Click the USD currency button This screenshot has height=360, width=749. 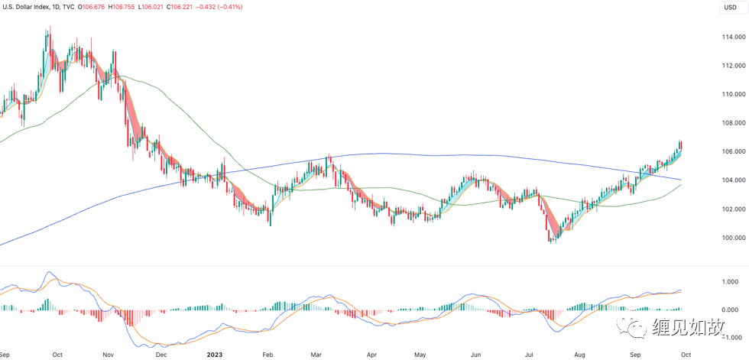730,8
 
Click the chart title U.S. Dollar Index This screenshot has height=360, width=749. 29,8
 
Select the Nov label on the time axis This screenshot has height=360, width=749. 108,355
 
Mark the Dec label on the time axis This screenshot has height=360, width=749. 161,355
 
